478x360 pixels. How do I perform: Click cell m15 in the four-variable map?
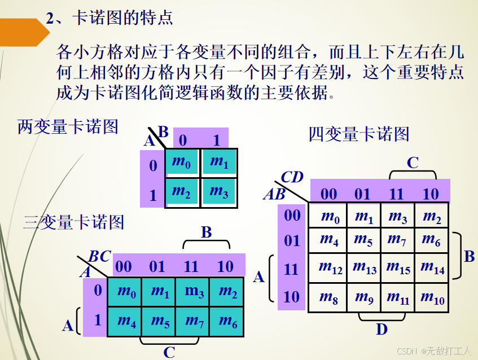pos(398,267)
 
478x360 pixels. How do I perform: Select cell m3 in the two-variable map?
pos(219,192)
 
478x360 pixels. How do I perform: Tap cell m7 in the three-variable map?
pos(194,321)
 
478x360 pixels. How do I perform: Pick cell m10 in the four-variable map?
pos(432,297)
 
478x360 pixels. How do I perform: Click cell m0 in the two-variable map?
pos(182,162)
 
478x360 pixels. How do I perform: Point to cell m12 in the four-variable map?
pos(331,267)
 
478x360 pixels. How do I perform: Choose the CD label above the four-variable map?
pos(292,177)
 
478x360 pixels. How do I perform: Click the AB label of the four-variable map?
pos(275,195)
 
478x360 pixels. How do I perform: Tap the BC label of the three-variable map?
pos(100,257)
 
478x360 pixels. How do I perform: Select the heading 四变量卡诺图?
pos(359,134)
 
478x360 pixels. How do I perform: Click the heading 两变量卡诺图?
pos(68,126)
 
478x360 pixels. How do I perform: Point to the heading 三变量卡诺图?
pos(74,222)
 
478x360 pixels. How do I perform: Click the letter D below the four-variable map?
pos(382,330)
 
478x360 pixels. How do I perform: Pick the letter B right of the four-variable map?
pos(469,257)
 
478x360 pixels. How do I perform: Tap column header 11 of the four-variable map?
pos(397,194)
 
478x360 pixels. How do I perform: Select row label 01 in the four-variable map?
pos(292,242)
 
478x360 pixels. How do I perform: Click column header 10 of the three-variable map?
pos(225,266)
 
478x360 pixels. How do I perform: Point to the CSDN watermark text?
pos(433,351)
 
